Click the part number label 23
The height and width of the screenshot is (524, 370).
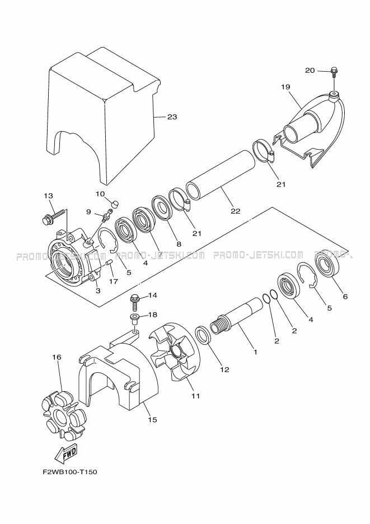coord(172,117)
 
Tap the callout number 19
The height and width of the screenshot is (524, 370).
coord(285,87)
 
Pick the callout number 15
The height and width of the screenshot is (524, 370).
coord(152,419)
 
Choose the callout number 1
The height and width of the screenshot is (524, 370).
coord(255,352)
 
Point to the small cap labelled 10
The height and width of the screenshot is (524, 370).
coord(115,202)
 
